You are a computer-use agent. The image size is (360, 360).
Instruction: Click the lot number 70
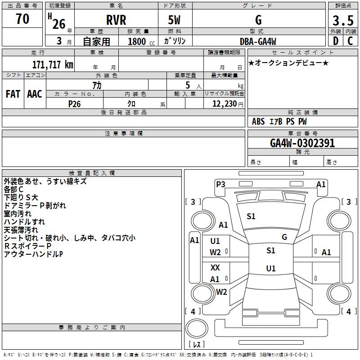tap(22, 19)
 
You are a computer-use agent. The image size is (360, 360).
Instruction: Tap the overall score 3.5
tap(342, 21)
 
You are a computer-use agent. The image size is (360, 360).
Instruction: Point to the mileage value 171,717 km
tap(53, 64)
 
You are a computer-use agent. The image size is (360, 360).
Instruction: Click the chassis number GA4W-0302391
tap(302, 143)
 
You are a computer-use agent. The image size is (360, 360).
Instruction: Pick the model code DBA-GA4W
tap(259, 41)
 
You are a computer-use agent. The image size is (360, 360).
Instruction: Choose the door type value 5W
tap(175, 21)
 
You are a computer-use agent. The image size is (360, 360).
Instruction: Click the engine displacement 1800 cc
tap(141, 41)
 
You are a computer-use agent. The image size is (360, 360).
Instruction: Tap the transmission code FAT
tap(13, 94)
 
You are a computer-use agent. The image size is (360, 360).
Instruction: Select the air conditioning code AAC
tap(35, 94)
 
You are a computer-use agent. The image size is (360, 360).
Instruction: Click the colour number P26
tap(74, 103)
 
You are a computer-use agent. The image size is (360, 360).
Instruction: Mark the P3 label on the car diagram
tap(220, 184)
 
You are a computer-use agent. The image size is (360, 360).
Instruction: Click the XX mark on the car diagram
tap(216, 268)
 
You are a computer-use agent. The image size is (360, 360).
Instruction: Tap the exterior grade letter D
tap(335, 41)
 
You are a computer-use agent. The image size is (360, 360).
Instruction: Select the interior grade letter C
tap(350, 41)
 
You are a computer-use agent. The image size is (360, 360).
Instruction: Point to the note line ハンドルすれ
tap(24, 222)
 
